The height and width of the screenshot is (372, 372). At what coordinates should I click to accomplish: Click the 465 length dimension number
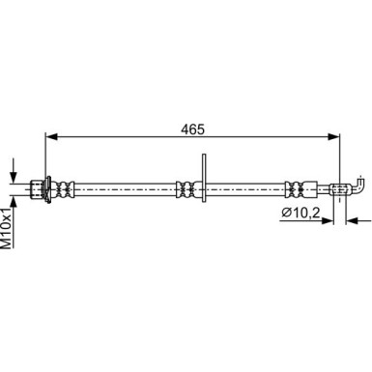pos(192,129)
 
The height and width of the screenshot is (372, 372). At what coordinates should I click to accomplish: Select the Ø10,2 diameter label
pos(300,213)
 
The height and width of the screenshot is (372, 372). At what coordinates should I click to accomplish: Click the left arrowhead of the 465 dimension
pos(51,136)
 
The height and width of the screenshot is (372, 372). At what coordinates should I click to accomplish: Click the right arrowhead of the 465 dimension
pos(333,136)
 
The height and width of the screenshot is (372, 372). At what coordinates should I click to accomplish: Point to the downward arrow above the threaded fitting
pos(14,170)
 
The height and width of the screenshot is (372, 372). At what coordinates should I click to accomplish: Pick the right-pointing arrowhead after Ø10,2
pos(328,220)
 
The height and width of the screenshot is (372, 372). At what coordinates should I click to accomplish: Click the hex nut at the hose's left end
pos(37,189)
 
